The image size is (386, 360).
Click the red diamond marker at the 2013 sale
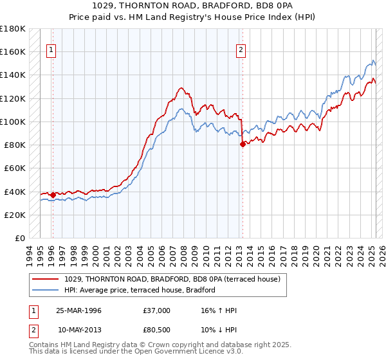tap(243, 145)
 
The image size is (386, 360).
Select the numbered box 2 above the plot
tap(241, 51)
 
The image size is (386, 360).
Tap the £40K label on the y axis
tap(15, 192)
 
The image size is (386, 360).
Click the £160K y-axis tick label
tap(13, 51)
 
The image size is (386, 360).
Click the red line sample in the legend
tap(46, 280)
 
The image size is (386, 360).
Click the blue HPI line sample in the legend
tap(46, 291)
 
